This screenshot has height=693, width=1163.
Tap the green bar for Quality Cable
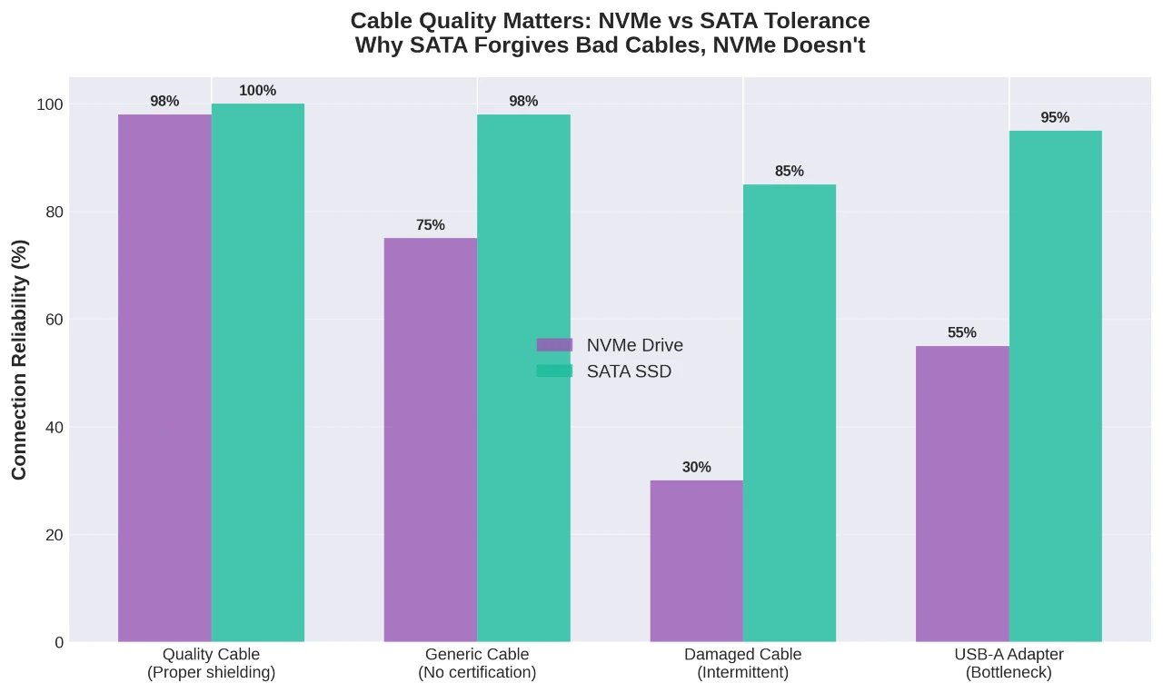click(258, 372)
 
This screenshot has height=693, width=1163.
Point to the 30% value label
click(696, 467)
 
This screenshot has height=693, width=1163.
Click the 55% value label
click(961, 332)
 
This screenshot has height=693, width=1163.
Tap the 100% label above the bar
click(257, 91)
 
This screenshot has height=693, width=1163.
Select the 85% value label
click(789, 171)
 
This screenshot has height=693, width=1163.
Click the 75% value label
click(430, 225)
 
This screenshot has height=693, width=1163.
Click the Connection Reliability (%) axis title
click(20, 359)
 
